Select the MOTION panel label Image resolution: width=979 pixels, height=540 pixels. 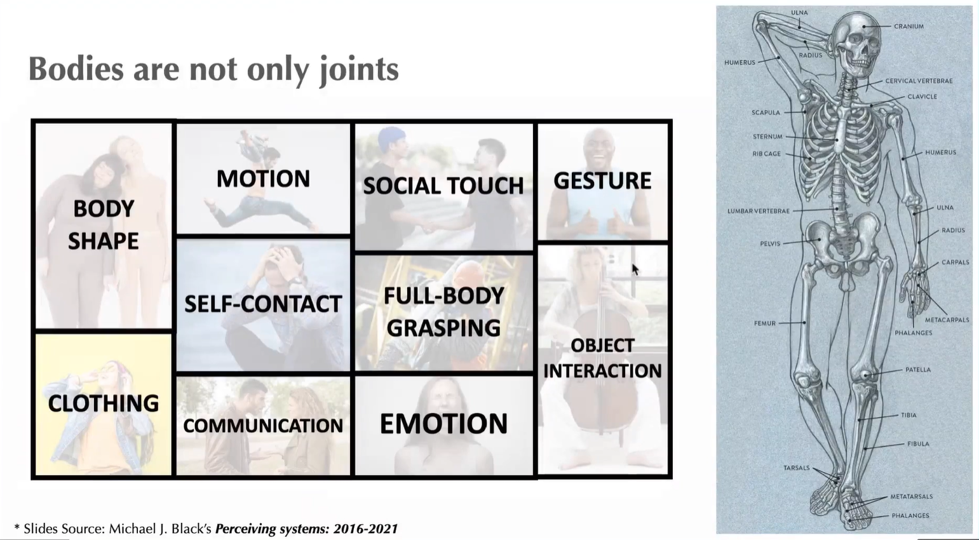(263, 179)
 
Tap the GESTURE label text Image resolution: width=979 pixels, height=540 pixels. (602, 181)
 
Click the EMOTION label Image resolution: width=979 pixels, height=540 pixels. (443, 424)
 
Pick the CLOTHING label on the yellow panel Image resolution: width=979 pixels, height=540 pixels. (104, 403)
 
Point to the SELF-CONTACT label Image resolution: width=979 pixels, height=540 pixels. (263, 304)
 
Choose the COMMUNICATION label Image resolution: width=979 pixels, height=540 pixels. (263, 426)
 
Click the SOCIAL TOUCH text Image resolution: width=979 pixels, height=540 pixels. (443, 186)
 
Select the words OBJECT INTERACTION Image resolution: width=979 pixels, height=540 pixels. (602, 358)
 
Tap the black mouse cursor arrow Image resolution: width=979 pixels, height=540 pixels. (635, 269)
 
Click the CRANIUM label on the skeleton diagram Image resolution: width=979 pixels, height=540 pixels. (908, 27)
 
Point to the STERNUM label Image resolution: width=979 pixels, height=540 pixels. (767, 137)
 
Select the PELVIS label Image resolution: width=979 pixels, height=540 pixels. (770, 243)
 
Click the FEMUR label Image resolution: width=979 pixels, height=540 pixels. (765, 323)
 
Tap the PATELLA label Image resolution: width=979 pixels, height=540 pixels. (918, 370)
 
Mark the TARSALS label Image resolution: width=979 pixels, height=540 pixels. (796, 468)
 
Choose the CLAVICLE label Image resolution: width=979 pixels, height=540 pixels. (922, 97)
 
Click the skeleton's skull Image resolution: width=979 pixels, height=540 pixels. (854, 41)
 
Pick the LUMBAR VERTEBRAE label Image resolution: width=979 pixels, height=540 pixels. (759, 211)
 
